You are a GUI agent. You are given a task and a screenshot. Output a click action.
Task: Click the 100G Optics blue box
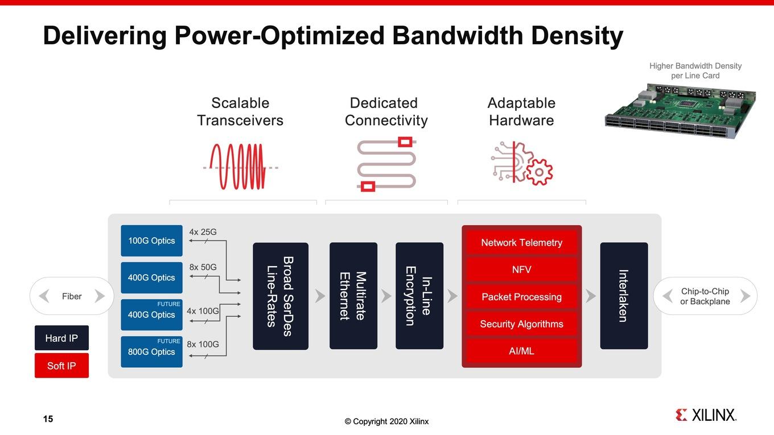152,241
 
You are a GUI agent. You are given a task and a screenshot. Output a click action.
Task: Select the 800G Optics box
152,352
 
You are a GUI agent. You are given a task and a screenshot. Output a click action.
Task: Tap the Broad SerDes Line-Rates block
281,296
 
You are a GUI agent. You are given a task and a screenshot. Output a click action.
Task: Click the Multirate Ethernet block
353,296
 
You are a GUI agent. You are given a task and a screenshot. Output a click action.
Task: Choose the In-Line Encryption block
419,296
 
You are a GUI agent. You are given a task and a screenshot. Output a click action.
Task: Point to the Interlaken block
624,296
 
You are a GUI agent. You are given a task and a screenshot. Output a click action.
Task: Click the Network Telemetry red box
522,243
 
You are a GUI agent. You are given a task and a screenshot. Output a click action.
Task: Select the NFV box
522,270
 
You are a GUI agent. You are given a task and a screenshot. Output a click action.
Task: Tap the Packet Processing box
522,297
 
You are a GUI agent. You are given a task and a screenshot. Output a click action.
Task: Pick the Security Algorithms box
522,324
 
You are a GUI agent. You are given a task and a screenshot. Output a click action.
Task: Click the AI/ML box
522,351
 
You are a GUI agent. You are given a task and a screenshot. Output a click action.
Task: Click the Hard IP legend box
61,338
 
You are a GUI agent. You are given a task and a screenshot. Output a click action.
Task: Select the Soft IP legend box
61,366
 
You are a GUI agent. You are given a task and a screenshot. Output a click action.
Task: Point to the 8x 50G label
203,267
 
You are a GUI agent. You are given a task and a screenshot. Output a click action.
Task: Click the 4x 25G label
203,232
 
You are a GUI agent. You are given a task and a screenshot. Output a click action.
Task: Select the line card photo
680,110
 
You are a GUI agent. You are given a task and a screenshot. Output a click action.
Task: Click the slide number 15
48,419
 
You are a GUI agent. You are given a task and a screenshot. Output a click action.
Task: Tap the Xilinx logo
706,415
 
